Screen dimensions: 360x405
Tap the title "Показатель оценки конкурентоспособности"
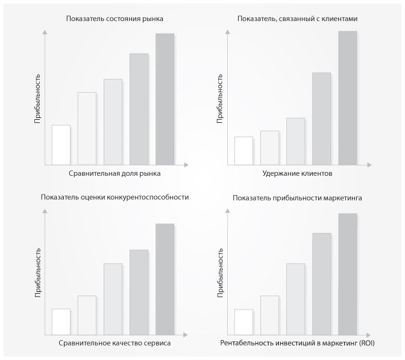[115, 197]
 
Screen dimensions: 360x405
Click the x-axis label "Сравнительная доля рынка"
[114, 173]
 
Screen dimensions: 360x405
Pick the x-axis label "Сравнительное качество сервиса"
[115, 343]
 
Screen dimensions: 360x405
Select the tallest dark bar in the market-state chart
[165, 99]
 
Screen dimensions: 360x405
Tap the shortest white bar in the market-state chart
[61, 144]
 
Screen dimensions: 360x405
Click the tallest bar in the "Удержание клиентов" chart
[347, 98]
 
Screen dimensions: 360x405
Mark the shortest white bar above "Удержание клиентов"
[243, 151]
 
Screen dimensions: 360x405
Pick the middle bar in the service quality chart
[113, 299]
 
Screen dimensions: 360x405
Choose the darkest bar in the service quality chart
[165, 279]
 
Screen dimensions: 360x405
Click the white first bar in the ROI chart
[243, 321]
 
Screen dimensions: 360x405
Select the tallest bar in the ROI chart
[347, 274]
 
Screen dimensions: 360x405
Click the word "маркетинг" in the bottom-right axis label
[342, 343]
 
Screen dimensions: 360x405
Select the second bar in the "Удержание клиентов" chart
[269, 147]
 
